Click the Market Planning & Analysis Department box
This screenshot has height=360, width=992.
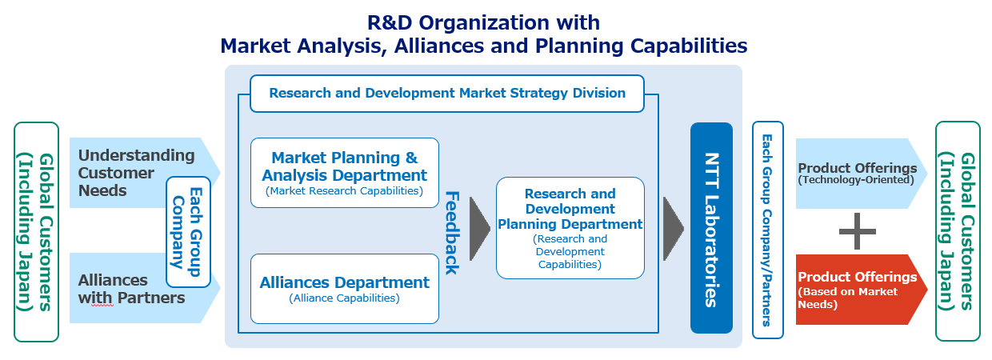click(x=345, y=172)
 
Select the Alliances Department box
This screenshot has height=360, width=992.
click(x=345, y=288)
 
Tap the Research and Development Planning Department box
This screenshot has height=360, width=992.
click(x=570, y=228)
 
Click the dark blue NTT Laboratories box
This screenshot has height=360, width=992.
click(x=711, y=228)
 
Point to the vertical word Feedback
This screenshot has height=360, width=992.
click(x=450, y=232)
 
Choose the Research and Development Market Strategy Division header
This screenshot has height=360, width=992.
click(x=447, y=93)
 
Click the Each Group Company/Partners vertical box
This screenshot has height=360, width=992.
click(x=767, y=230)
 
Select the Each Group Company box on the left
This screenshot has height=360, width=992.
click(x=188, y=231)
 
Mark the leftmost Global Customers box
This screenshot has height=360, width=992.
click(x=36, y=232)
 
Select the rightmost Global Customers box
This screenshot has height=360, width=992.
click(x=958, y=232)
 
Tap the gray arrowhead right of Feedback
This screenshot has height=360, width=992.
click(x=478, y=228)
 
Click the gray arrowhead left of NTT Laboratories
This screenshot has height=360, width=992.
click(x=673, y=228)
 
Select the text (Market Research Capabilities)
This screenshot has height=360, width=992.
click(x=345, y=191)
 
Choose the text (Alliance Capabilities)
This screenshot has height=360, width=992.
click(x=344, y=298)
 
